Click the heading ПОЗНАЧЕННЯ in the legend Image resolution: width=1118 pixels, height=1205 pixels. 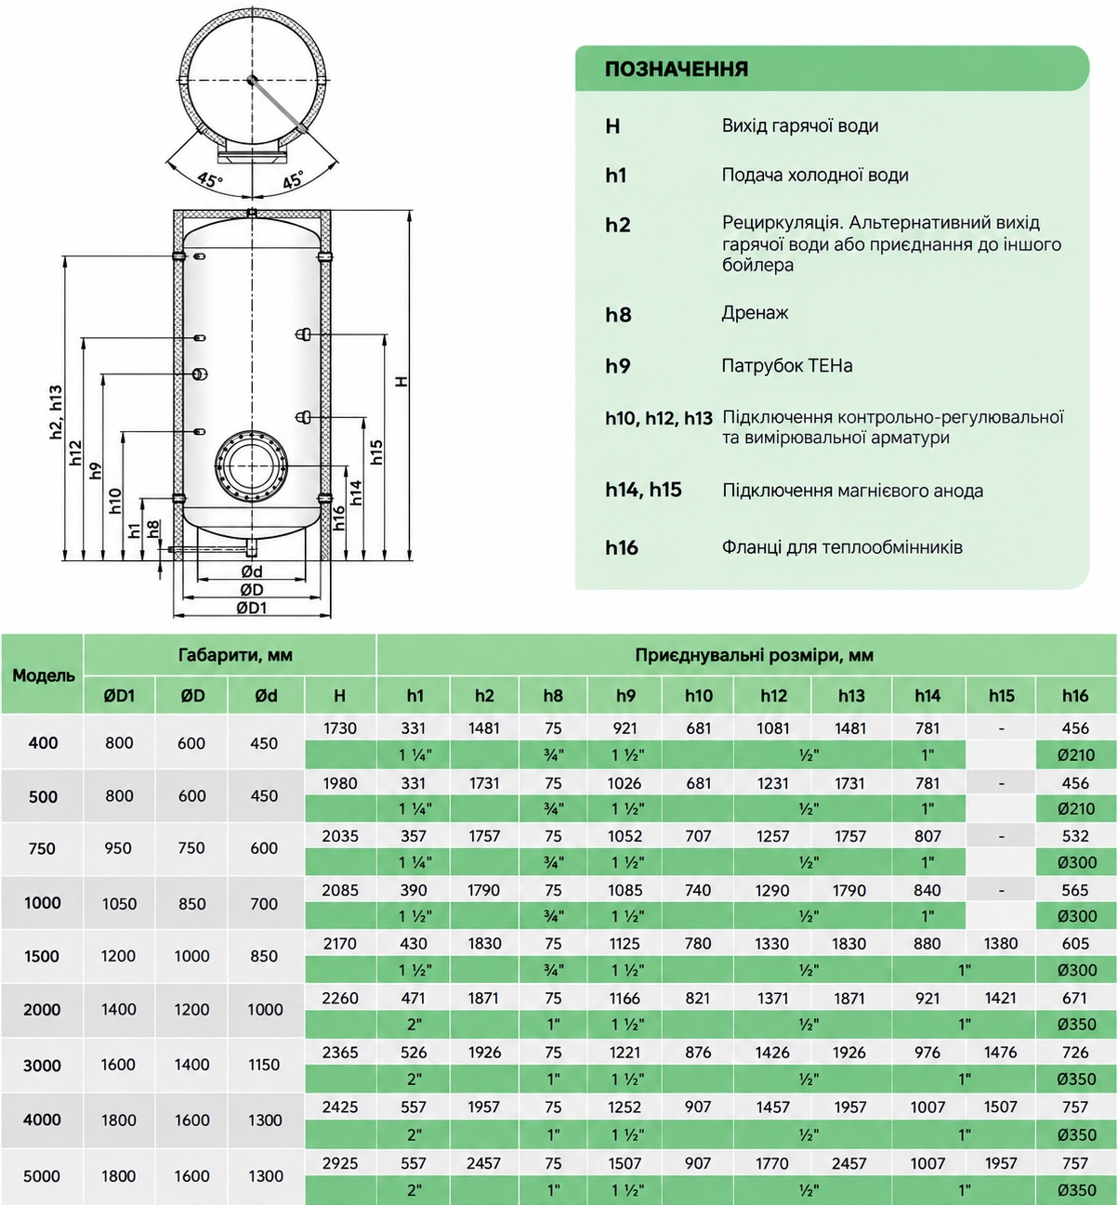pyautogui.click(x=677, y=69)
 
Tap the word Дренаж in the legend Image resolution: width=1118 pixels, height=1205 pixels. pyautogui.click(x=755, y=313)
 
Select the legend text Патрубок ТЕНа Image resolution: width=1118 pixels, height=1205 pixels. pyautogui.click(x=786, y=366)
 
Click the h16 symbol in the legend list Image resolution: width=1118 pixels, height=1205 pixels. pyautogui.click(x=622, y=547)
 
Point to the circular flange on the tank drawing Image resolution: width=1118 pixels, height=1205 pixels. pyautogui.click(x=251, y=466)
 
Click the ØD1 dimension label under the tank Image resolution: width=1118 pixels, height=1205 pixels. pyautogui.click(x=251, y=608)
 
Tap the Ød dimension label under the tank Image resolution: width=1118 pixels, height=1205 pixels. pyautogui.click(x=251, y=571)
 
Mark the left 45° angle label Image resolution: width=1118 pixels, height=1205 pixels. pyautogui.click(x=210, y=180)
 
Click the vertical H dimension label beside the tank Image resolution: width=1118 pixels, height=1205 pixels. pyautogui.click(x=401, y=381)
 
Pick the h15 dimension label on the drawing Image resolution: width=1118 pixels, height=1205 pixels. pyautogui.click(x=376, y=452)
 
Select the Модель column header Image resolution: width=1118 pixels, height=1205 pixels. pyautogui.click(x=43, y=675)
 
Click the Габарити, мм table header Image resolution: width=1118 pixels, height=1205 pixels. pyautogui.click(x=235, y=655)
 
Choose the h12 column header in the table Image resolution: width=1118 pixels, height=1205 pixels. pyautogui.click(x=773, y=695)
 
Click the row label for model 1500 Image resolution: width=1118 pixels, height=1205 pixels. pyautogui.click(x=42, y=956)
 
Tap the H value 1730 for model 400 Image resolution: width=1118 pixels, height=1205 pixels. pyautogui.click(x=340, y=728)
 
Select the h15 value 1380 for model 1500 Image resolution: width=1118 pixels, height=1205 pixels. pyautogui.click(x=1001, y=944)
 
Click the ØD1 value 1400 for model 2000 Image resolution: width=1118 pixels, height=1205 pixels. pyautogui.click(x=118, y=1010)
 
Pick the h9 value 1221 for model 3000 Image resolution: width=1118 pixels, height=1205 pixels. pyautogui.click(x=625, y=1053)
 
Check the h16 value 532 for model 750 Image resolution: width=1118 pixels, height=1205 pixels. pyautogui.click(x=1075, y=836)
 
